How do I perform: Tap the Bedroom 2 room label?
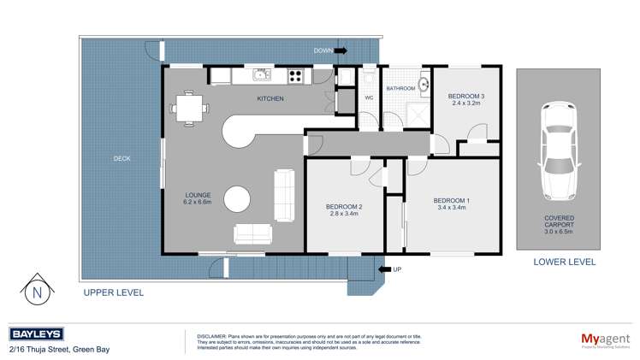[x=345, y=210]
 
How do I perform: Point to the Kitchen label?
[x=270, y=99]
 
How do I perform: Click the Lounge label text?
[x=198, y=198]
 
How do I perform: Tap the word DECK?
[x=122, y=158]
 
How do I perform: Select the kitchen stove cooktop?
[x=296, y=76]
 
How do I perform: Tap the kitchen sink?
[x=259, y=76]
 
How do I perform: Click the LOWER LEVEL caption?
[x=564, y=263]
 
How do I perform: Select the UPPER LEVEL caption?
[x=113, y=292]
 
